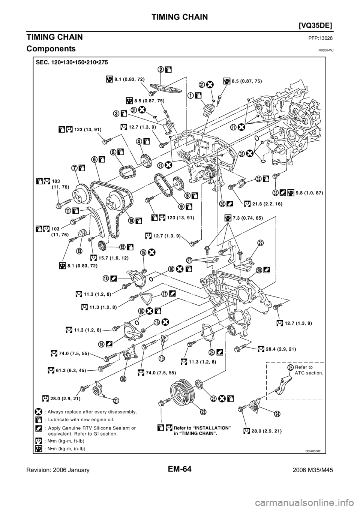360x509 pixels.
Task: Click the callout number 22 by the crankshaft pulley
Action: click(x=203, y=412)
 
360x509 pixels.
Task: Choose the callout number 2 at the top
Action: click(x=160, y=69)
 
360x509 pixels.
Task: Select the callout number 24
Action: click(x=277, y=414)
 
